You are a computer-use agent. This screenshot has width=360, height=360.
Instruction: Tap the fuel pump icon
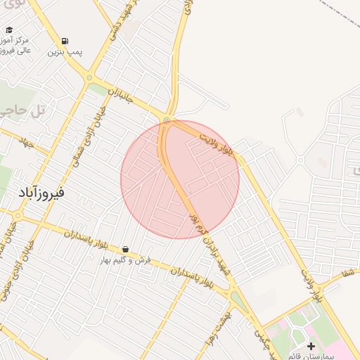(x=65, y=41)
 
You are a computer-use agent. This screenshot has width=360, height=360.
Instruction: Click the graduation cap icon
(x=9, y=30)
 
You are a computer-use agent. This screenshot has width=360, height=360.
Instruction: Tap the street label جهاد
(x=26, y=142)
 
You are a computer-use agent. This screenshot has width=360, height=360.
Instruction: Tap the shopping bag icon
(x=125, y=249)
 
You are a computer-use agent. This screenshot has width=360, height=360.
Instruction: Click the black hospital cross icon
(x=311, y=346)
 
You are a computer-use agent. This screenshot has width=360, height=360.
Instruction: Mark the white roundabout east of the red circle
(x=300, y=161)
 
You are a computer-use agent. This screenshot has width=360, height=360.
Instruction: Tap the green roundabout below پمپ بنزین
(x=89, y=77)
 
